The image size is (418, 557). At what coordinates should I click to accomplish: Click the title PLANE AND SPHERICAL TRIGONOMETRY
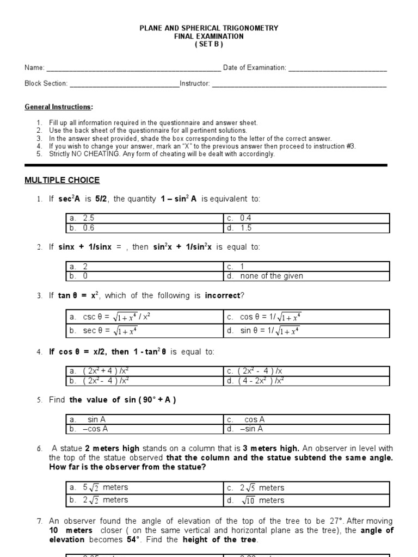tap(209, 28)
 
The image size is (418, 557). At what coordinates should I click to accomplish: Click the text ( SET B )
tap(209, 44)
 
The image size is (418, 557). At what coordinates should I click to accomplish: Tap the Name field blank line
tap(133, 69)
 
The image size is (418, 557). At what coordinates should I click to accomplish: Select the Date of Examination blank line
tap(337, 69)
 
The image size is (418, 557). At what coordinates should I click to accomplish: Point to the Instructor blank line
tap(299, 84)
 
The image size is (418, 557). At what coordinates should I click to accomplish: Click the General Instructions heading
tap(59, 107)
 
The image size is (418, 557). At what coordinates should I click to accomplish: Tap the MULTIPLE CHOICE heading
tap(62, 180)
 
